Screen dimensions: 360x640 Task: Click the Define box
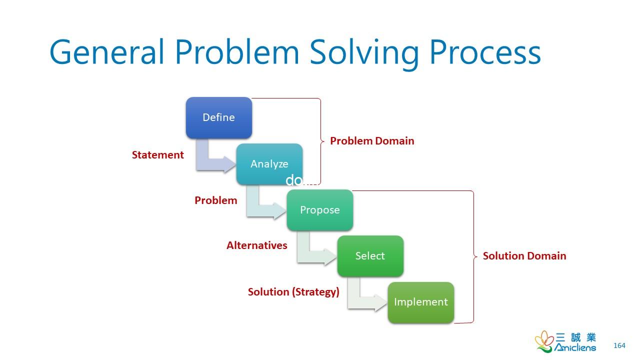coord(219,117)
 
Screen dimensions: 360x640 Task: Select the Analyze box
coord(269,163)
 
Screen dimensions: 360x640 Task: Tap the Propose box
coord(320,210)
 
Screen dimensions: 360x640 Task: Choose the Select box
coord(370,256)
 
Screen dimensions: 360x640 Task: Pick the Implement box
coord(421,302)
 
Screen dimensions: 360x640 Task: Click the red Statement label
coord(158,155)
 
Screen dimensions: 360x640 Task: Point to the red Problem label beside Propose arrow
coord(216,200)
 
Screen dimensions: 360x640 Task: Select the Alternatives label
coord(257,245)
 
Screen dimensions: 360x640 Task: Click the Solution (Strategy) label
coord(293,292)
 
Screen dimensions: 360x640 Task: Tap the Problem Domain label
coord(372,141)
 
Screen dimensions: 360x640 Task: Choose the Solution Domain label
coord(524,256)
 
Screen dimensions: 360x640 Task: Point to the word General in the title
coord(106,52)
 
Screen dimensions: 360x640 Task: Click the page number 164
coord(619,345)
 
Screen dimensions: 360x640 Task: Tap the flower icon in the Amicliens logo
coord(544,341)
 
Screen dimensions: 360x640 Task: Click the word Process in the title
coord(485,52)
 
